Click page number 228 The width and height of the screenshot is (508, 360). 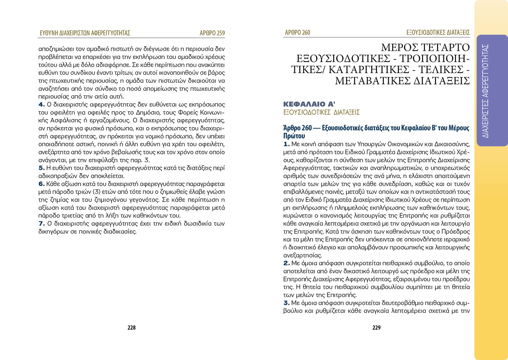pyautogui.click(x=131, y=328)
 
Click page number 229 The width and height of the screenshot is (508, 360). pyautogui.click(x=376, y=328)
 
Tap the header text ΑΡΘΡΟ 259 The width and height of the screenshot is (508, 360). pyautogui.click(x=212, y=33)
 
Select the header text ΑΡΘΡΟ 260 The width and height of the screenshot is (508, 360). pyautogui.click(x=298, y=32)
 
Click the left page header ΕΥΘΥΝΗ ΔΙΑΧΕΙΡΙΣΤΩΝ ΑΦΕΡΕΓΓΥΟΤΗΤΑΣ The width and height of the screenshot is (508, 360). pyautogui.click(x=85, y=33)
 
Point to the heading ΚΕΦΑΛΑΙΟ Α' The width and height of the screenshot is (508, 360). pyautogui.click(x=309, y=104)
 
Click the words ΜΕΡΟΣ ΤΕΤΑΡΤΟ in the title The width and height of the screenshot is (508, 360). pyautogui.click(x=425, y=48)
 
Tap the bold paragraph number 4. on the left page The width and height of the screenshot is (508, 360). pyautogui.click(x=41, y=105)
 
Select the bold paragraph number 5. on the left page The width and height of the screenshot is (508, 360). pyautogui.click(x=41, y=168)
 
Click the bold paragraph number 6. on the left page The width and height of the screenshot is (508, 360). pyautogui.click(x=41, y=184)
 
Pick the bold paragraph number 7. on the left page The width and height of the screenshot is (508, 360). pyautogui.click(x=41, y=224)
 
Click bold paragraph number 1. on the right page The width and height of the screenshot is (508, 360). pyautogui.click(x=286, y=144)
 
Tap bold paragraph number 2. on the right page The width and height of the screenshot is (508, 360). pyautogui.click(x=286, y=263)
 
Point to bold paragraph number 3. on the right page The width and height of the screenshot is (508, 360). pyautogui.click(x=286, y=303)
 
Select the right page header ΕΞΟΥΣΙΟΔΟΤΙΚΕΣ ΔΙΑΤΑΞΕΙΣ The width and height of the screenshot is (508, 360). pyautogui.click(x=438, y=32)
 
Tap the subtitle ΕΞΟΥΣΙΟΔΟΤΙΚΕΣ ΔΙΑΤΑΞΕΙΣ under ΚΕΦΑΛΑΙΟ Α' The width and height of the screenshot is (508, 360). pyautogui.click(x=321, y=112)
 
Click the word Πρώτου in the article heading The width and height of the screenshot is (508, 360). pyautogui.click(x=294, y=136)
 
